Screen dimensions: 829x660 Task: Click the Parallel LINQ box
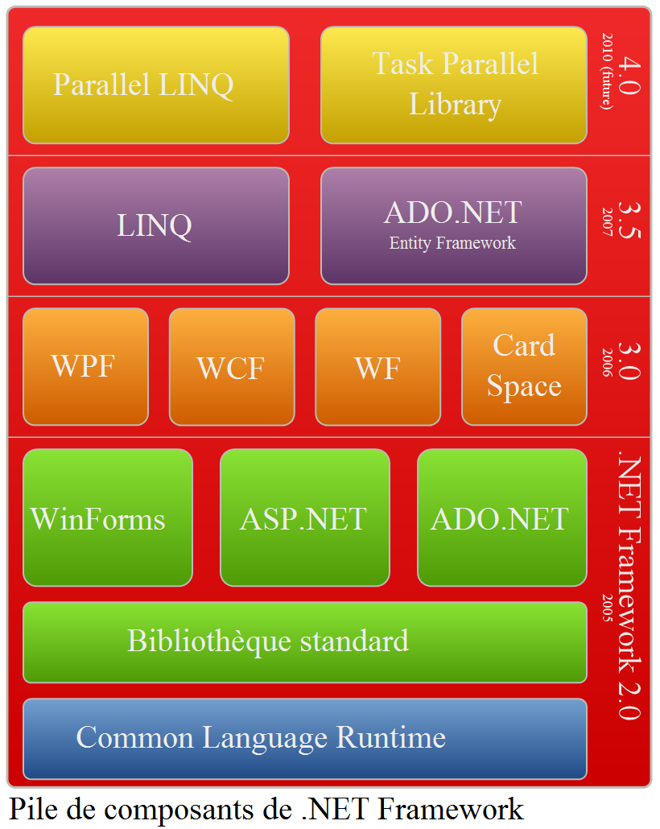(x=155, y=85)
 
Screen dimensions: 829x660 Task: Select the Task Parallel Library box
(x=453, y=85)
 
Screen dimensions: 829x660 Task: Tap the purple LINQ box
(x=155, y=225)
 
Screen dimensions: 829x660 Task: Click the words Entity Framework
(x=452, y=243)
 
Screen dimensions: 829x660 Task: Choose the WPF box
(x=85, y=366)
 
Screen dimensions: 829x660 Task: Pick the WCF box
(x=231, y=366)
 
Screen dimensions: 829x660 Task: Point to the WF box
(x=377, y=366)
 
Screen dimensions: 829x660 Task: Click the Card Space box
(x=524, y=366)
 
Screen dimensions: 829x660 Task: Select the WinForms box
(x=107, y=518)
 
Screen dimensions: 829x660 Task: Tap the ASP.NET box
(x=304, y=518)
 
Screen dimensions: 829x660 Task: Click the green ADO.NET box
(x=501, y=518)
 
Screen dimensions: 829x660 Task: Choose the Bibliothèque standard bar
(x=304, y=641)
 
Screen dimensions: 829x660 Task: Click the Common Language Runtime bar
(x=304, y=738)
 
